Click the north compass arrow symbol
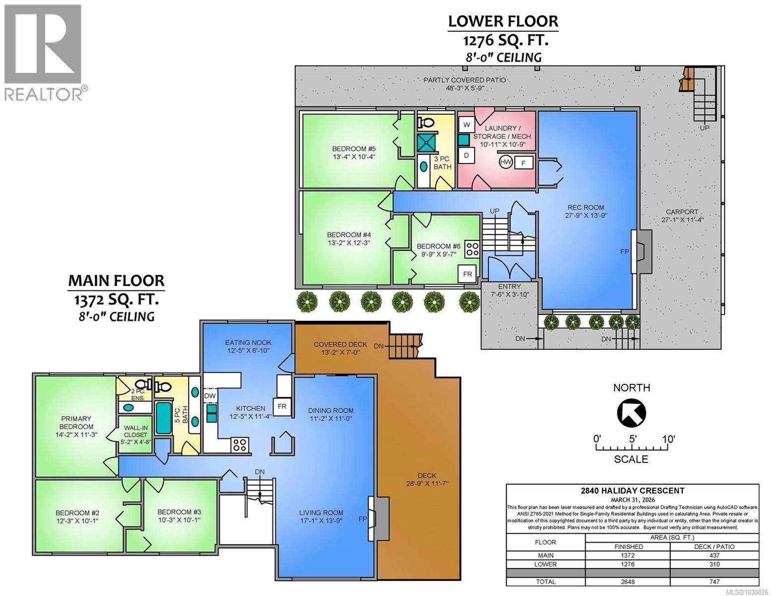(x=631, y=412)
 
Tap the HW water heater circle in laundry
(x=506, y=162)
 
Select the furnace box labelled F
(x=523, y=162)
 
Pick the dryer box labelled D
(x=466, y=155)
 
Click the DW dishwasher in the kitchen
(x=210, y=395)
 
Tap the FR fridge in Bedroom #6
(x=467, y=274)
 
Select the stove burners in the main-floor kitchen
(x=240, y=444)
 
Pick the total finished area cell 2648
(x=628, y=582)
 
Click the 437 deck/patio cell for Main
(x=714, y=555)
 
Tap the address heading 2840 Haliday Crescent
(x=632, y=491)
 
